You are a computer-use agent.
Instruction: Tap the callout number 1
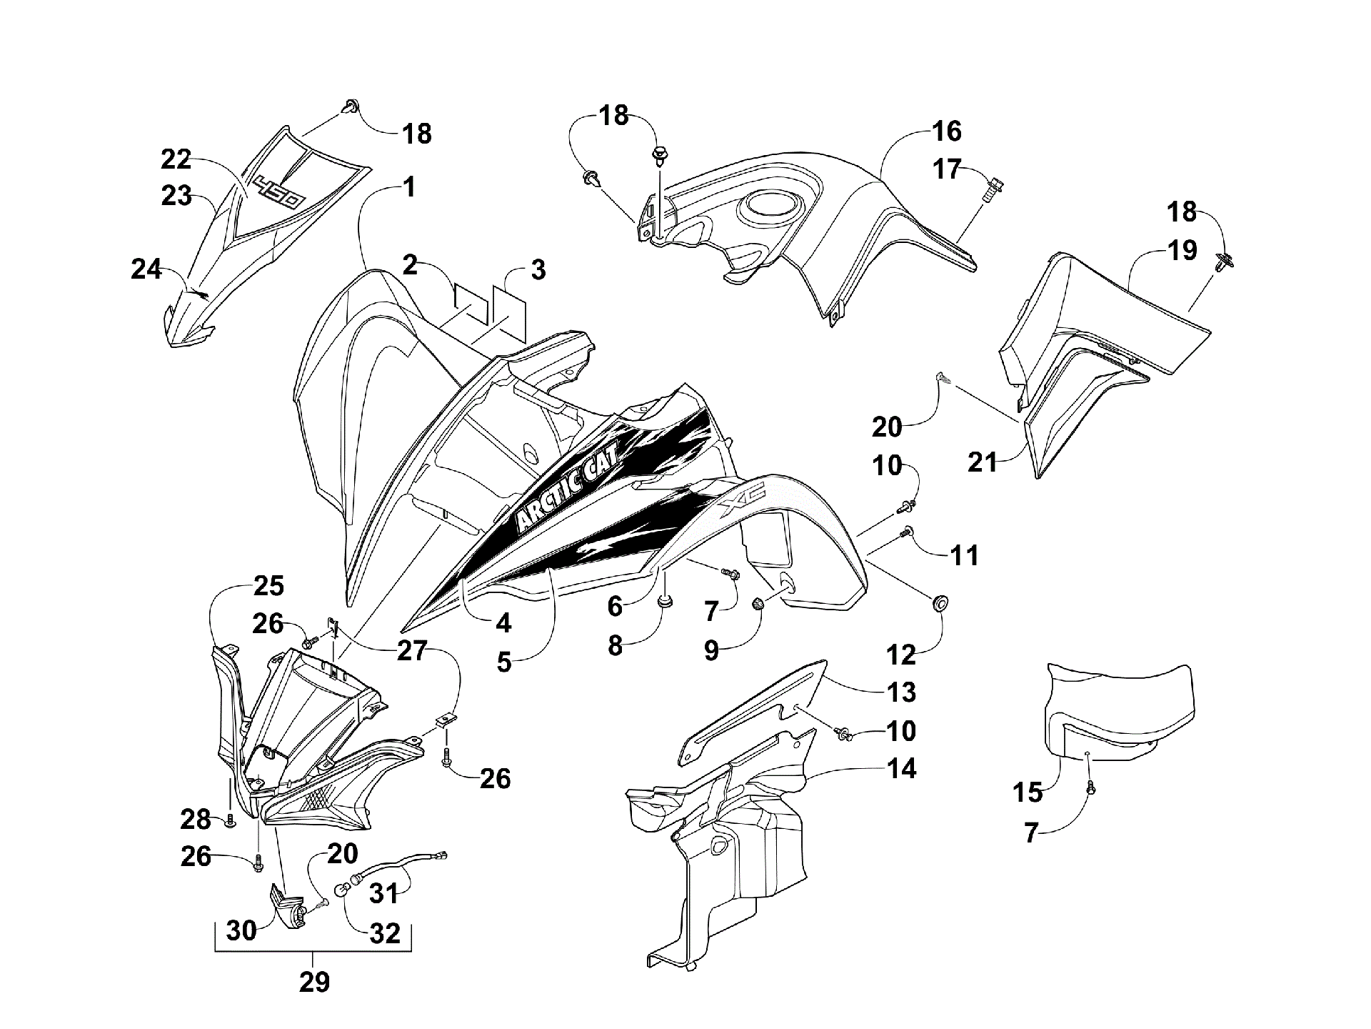[x=408, y=188]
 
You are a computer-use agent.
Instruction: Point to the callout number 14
[x=902, y=769]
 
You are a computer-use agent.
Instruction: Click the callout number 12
[x=902, y=653]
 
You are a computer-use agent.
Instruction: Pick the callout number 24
[x=146, y=269]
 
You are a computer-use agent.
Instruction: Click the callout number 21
[x=982, y=462]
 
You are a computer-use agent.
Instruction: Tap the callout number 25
[x=268, y=586]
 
